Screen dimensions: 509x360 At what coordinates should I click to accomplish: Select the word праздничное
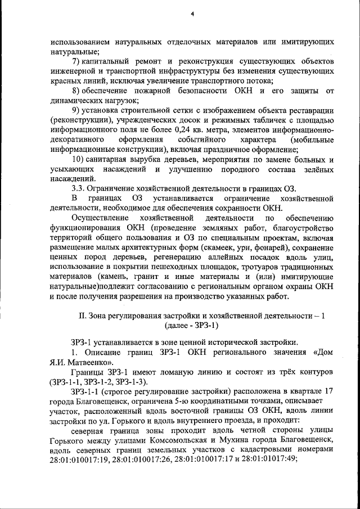point(232,149)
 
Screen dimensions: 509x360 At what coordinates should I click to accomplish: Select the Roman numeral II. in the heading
point(82,316)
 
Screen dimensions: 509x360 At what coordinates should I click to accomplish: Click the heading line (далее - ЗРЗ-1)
point(192,326)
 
